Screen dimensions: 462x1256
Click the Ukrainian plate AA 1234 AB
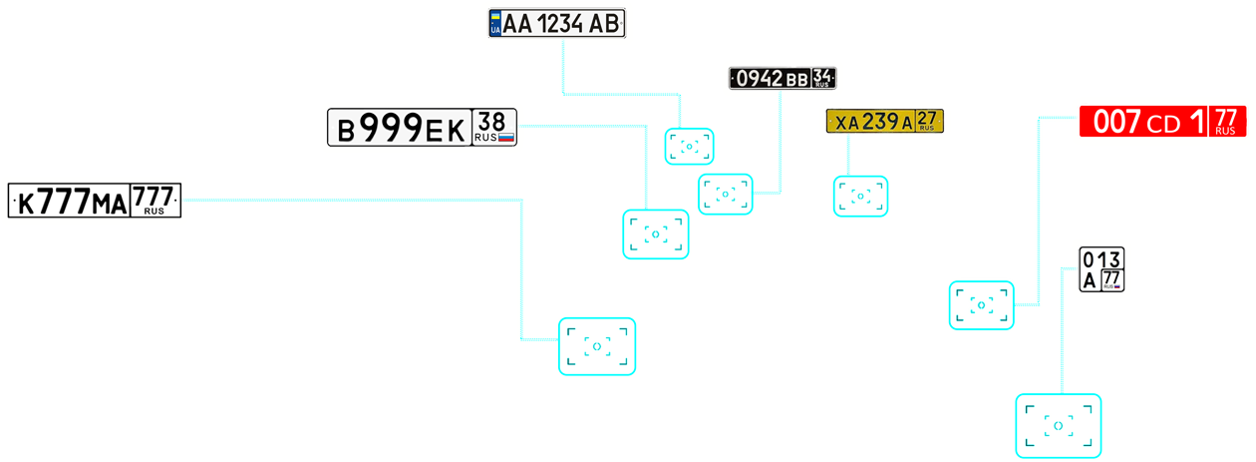pos(556,24)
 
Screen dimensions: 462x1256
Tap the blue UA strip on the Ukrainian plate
pos(495,24)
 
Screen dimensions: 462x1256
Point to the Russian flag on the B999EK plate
pos(505,138)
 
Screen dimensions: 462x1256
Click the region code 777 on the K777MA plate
pos(155,196)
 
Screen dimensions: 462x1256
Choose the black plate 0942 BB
pos(771,78)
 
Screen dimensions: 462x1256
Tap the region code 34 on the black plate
pos(823,77)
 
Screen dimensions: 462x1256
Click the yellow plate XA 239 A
pos(873,122)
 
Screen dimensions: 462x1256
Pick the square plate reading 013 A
pos(1101,269)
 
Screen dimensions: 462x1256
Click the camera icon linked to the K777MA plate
pos(596,346)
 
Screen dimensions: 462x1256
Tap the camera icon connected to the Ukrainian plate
pos(689,146)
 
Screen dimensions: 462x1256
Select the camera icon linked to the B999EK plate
pos(655,234)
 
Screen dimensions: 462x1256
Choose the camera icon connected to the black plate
pos(725,194)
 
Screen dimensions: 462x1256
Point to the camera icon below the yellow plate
pos(860,196)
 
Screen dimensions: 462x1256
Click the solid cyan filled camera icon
pos(982,304)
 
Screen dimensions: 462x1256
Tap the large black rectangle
pos(987,242)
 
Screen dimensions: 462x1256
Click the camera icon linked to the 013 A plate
pos(1058,426)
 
